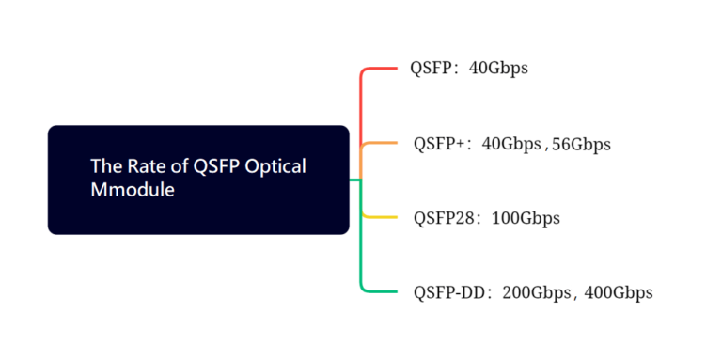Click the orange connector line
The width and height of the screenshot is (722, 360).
tap(381, 143)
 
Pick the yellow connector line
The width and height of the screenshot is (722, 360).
tap(381, 217)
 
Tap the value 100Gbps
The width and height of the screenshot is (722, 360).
tap(526, 218)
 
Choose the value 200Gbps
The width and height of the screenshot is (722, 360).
tap(537, 292)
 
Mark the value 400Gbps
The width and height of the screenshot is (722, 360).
tap(619, 292)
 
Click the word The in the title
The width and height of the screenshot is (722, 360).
tap(103, 166)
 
